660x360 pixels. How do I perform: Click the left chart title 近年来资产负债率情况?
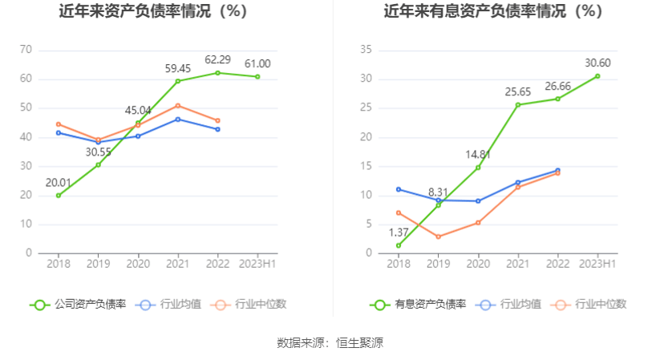(x=152, y=12)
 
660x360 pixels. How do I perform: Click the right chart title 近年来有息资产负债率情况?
(x=492, y=12)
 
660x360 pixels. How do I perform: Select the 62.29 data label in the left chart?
(x=217, y=59)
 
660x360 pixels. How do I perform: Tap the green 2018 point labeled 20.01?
(x=59, y=196)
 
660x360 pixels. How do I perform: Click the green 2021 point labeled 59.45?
(x=178, y=81)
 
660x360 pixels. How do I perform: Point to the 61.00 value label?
(x=257, y=63)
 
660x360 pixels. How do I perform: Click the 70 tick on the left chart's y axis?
(x=26, y=50)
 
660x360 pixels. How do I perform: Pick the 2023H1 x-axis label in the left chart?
(x=257, y=264)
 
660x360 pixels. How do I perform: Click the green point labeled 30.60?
(x=597, y=76)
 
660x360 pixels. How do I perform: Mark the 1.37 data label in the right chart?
(x=399, y=233)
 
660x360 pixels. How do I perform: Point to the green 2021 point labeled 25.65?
(x=518, y=105)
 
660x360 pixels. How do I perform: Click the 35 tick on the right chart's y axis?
(x=366, y=50)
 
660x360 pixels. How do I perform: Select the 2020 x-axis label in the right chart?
(x=478, y=264)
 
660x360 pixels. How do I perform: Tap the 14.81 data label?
(x=478, y=154)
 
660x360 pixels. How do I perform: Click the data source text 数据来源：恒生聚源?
(x=330, y=342)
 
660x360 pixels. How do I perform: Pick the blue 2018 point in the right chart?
(x=399, y=189)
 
